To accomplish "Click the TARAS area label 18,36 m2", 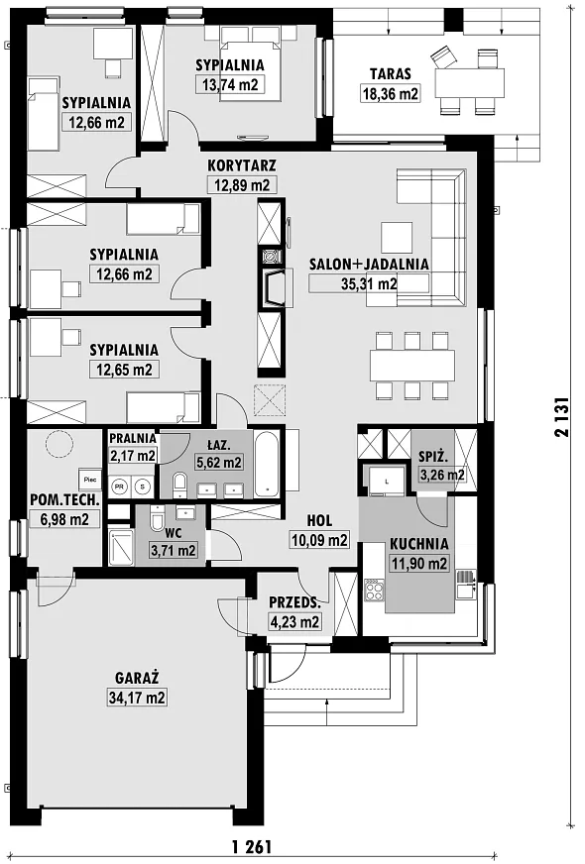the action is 390,93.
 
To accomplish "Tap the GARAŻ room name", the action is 137,677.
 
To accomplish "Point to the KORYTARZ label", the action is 242,165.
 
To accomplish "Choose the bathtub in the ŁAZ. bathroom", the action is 269,464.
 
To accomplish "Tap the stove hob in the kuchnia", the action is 375,591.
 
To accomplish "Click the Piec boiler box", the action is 90,480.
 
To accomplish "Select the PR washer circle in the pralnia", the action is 119,486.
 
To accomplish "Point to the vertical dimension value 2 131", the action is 561,416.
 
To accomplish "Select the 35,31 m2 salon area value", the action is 369,283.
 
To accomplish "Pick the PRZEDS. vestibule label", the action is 295,602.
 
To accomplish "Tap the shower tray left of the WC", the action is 120,547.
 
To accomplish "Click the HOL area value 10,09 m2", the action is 320,540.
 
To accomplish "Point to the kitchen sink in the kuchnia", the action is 466,584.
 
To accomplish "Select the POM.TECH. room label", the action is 65,500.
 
